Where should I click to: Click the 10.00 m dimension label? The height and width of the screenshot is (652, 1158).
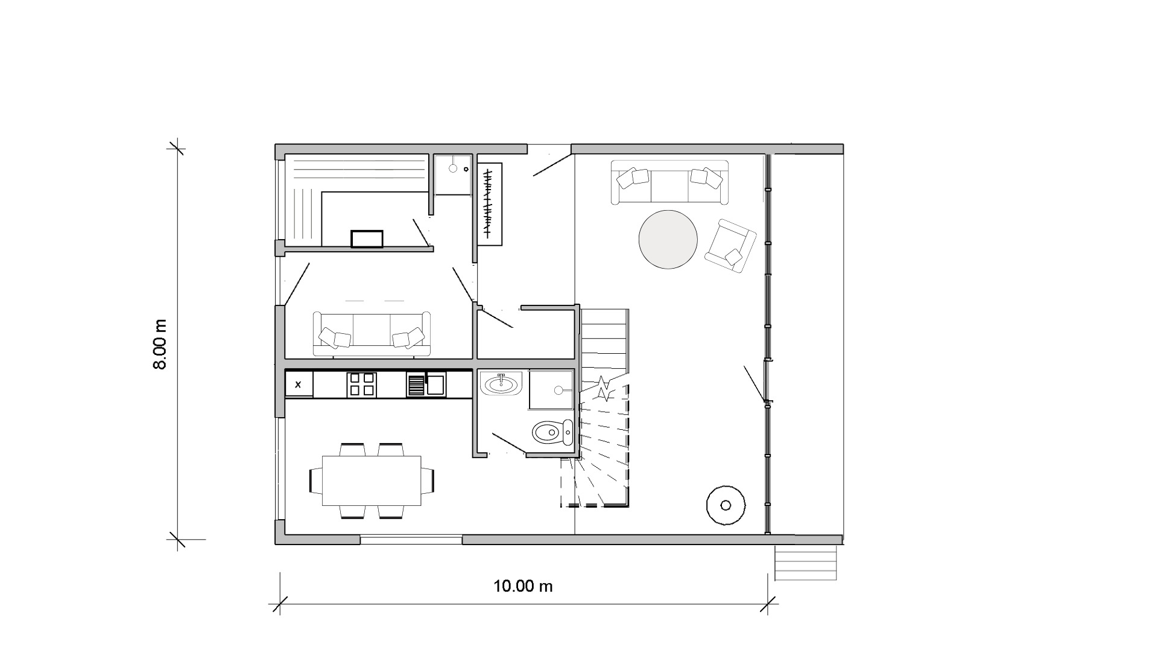tap(523, 586)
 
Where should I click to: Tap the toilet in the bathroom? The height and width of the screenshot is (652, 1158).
tap(552, 432)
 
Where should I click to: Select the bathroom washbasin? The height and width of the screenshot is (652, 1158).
tap(501, 383)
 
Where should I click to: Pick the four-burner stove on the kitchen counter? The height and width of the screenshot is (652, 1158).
tap(361, 385)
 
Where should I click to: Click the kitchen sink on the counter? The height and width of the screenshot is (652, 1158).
tap(436, 385)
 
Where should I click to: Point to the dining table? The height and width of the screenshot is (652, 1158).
tap(372, 481)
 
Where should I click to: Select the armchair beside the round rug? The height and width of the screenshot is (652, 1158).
tap(730, 246)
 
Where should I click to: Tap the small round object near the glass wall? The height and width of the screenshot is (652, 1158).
tap(726, 505)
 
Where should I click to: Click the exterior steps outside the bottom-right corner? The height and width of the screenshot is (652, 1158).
tap(806, 563)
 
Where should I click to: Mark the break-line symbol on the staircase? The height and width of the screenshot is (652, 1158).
tap(604, 389)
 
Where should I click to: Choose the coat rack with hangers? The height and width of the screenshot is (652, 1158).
tap(489, 203)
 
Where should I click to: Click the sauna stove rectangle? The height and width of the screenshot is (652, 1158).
tap(367, 239)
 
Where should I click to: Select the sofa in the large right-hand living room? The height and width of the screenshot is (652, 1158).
tap(669, 182)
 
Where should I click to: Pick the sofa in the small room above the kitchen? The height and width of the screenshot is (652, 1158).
tap(372, 334)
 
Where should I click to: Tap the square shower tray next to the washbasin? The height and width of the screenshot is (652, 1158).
tap(551, 390)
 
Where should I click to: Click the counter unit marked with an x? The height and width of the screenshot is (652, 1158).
tap(299, 384)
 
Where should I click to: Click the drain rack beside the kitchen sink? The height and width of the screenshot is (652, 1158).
tap(416, 385)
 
